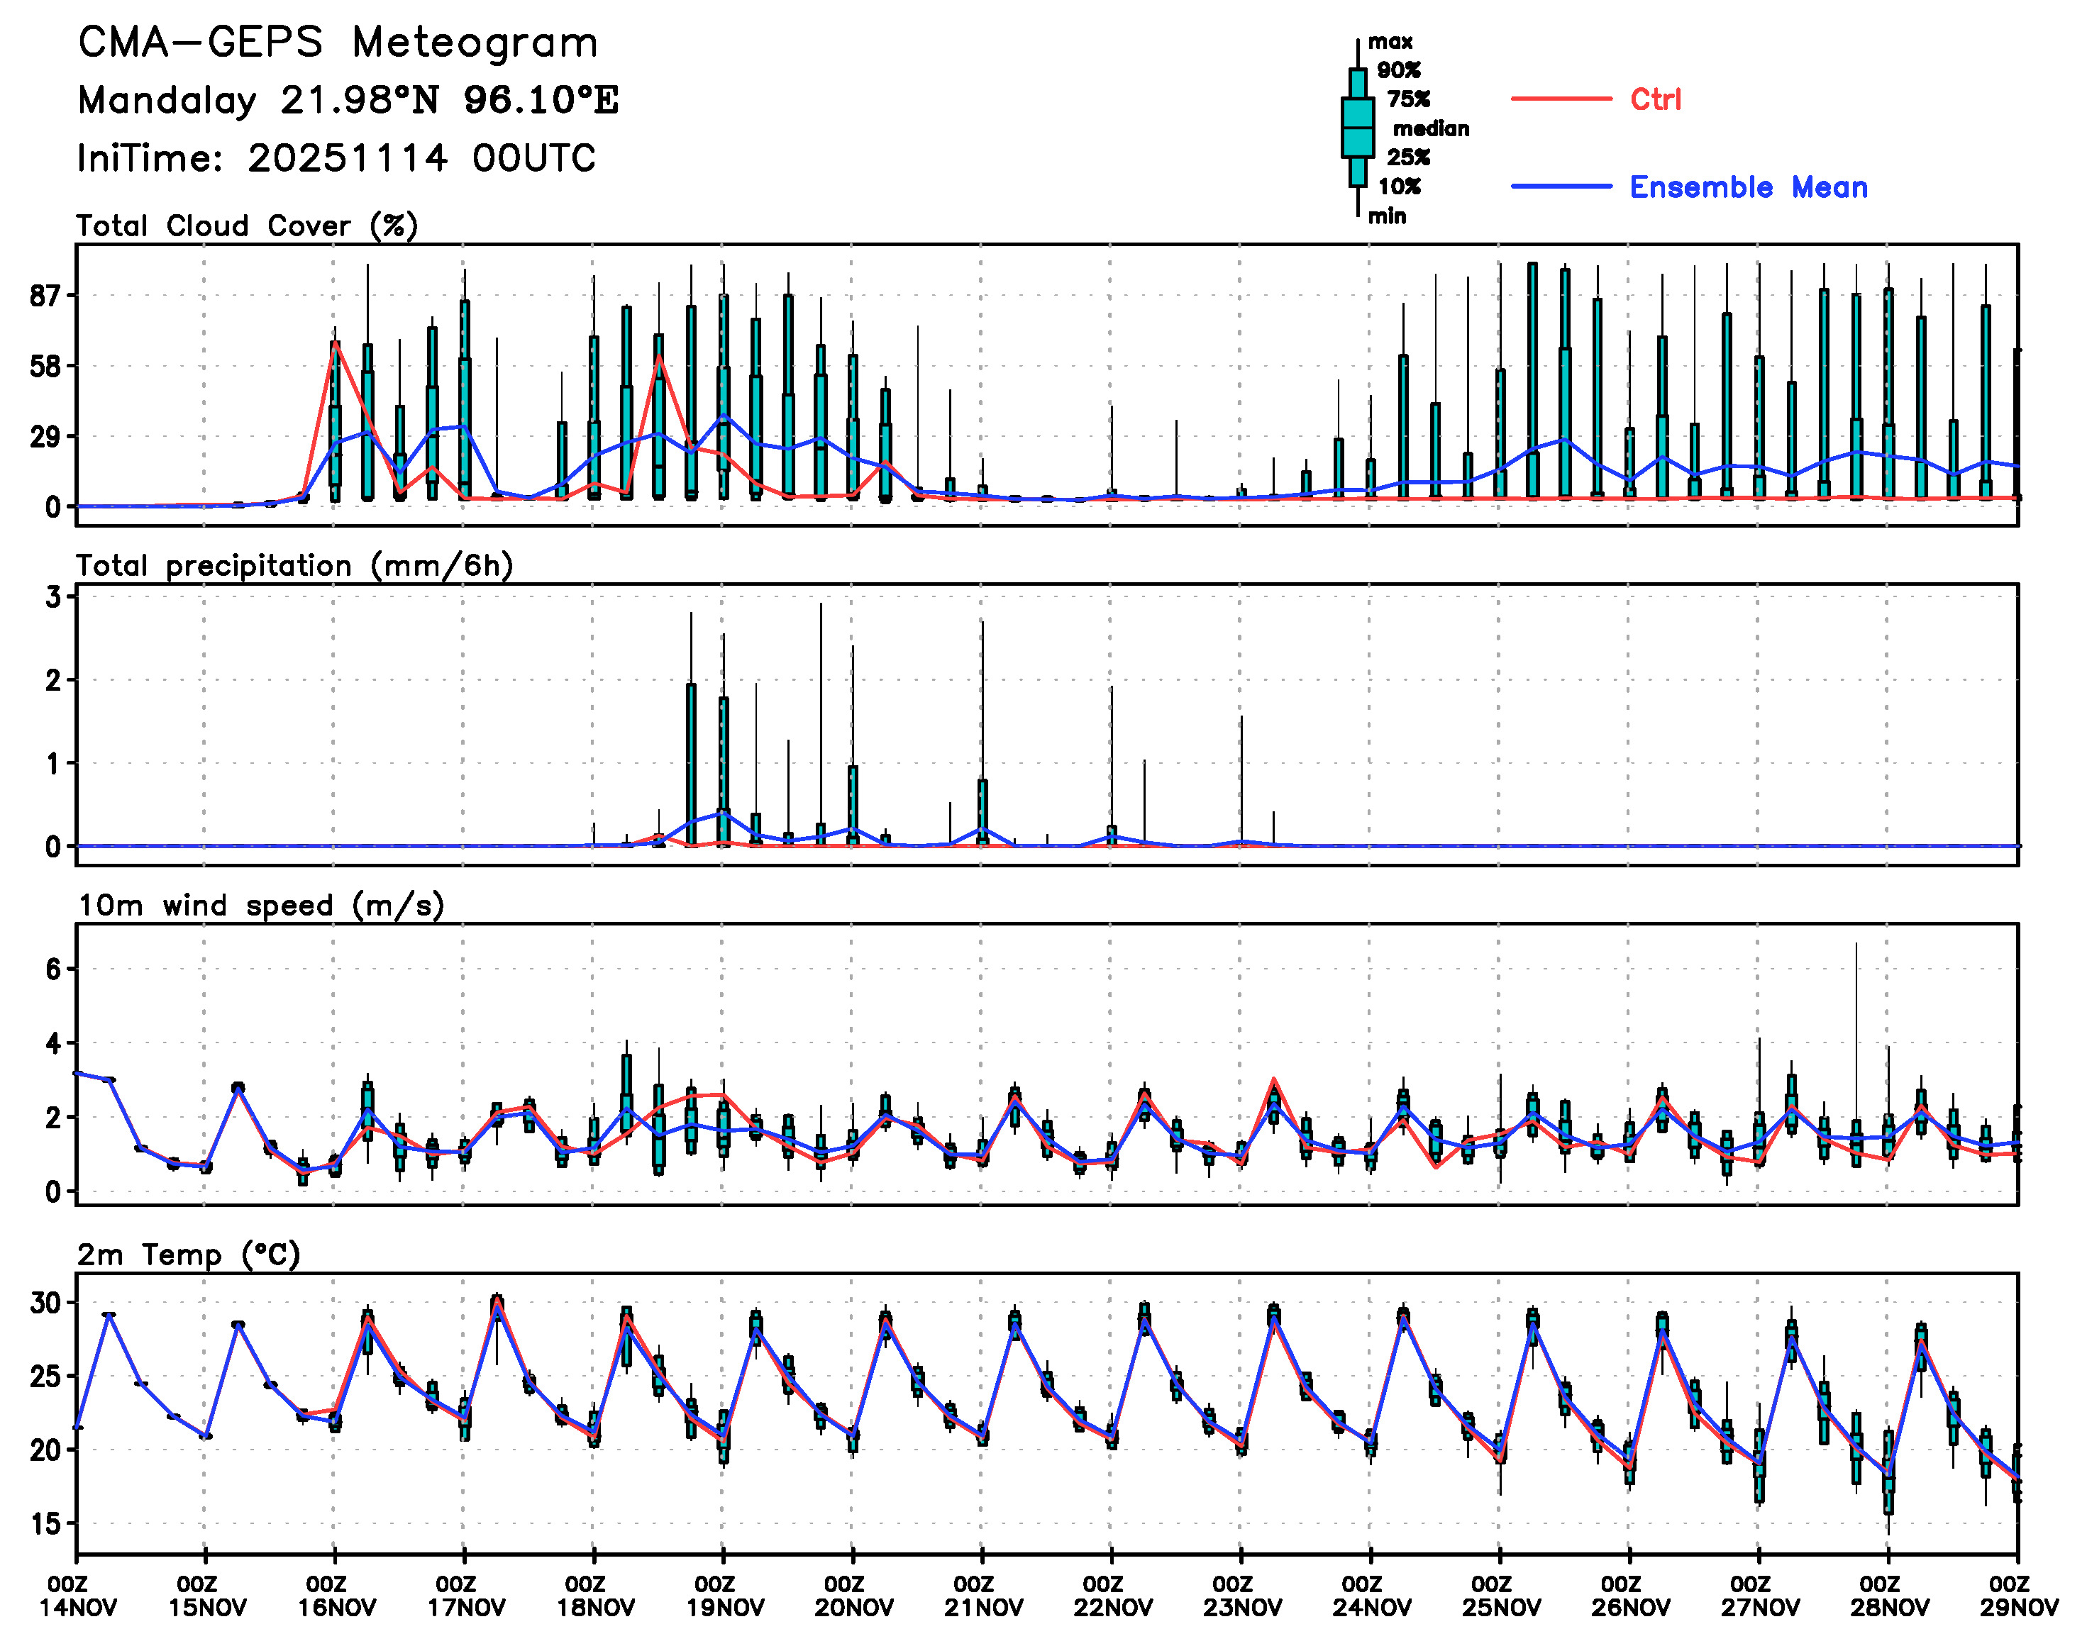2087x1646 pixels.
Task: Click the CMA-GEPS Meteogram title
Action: (338, 43)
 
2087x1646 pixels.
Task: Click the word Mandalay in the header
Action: (167, 100)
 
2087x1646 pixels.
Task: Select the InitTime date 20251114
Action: (347, 158)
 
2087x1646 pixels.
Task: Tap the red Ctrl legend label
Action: (1655, 99)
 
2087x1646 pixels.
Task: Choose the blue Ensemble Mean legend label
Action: (1748, 187)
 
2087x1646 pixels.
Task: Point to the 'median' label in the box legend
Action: (1431, 129)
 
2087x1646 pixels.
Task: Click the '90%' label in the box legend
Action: (1397, 70)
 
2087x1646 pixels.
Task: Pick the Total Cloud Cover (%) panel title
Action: (247, 226)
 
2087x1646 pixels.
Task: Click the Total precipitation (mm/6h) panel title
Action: (294, 566)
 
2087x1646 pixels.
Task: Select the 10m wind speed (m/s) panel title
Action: (260, 906)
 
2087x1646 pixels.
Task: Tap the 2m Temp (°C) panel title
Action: (189, 1255)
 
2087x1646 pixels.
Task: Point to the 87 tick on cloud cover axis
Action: (45, 296)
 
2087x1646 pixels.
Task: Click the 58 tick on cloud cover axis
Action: (45, 366)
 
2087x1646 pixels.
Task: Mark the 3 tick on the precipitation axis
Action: (53, 598)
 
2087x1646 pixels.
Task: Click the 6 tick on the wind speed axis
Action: (53, 969)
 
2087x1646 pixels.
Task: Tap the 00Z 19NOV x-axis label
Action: (724, 1597)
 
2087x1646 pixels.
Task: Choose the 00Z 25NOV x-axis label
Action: (1500, 1597)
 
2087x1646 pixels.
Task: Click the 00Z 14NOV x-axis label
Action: (77, 1597)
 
